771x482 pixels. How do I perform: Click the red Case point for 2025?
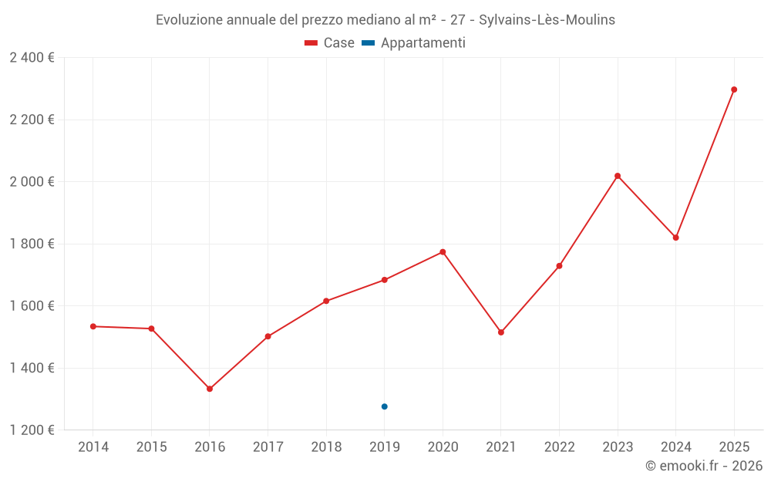coord(734,89)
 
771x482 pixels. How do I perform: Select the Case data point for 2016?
coord(210,389)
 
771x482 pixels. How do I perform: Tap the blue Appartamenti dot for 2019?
coord(385,406)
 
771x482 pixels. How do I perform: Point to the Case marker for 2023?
coord(618,176)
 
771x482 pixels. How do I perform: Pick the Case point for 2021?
coord(501,332)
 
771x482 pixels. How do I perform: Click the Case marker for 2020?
coord(443,252)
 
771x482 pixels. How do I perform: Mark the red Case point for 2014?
coord(93,326)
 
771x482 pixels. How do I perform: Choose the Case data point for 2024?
coord(676,238)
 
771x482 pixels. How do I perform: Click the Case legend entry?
coord(330,43)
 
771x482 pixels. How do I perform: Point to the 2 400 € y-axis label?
coord(32,58)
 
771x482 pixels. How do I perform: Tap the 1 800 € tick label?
coord(32,244)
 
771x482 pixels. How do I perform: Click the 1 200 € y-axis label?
coord(32,430)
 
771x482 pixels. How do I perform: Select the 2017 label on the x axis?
coord(268,447)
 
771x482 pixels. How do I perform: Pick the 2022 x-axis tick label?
coord(559,447)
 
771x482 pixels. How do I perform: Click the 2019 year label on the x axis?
coord(384,447)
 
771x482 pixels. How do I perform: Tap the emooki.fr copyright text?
coord(704,466)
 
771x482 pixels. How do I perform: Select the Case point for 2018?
coord(326,301)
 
